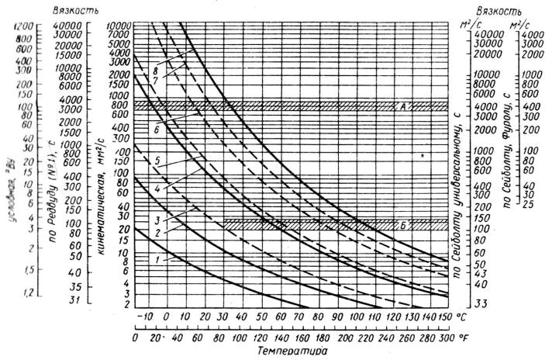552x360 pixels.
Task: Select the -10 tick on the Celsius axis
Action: [142, 317]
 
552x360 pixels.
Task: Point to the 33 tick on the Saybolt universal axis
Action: [480, 303]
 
